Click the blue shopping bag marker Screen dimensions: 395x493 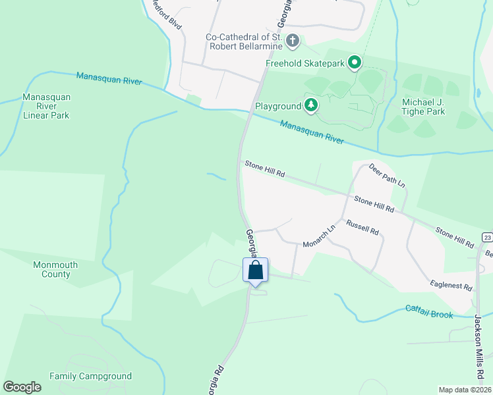255,271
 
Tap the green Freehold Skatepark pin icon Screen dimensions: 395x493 355,63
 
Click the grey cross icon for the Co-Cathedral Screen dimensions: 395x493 293,42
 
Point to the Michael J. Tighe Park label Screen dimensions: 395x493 423,107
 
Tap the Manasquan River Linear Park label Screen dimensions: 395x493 46,106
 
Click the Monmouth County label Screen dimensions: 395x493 55,269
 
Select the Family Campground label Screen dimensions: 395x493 90,376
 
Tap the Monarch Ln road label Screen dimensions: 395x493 319,236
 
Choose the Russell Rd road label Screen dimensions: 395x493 362,227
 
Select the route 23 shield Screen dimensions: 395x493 487,237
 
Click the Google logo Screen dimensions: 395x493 22,387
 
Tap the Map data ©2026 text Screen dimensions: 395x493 465,390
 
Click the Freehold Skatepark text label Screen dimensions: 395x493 304,63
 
